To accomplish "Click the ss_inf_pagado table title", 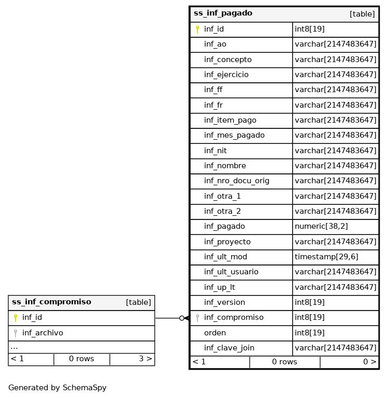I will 223,13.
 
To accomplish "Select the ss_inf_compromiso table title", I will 51,302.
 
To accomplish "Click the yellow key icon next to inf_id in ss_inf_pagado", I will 197,30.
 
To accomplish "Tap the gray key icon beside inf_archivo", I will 16,333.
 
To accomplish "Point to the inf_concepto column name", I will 227,60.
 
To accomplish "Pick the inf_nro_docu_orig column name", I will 236,181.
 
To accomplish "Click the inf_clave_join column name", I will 229,348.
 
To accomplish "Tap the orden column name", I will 214,333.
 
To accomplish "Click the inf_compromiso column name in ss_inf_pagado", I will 233,317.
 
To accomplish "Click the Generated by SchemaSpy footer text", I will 57,388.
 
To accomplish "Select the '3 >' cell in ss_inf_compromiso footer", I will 145,359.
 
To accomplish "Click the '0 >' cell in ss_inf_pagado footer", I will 369,362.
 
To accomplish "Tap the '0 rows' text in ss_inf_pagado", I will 284,362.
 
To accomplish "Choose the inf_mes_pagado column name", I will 234,135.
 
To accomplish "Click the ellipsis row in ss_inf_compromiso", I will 14,347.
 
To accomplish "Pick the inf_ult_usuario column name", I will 231,272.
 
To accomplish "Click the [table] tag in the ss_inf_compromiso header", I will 138,302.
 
